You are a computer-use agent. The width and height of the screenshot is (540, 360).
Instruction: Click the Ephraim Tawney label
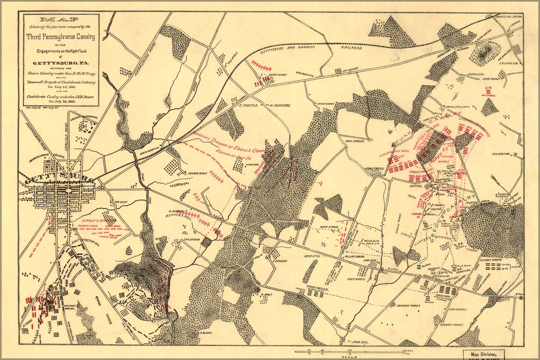tap(451, 324)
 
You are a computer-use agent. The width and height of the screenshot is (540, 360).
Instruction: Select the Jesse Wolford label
tap(501, 154)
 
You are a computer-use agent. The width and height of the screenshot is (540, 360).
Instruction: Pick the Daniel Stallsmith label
tap(458, 107)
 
